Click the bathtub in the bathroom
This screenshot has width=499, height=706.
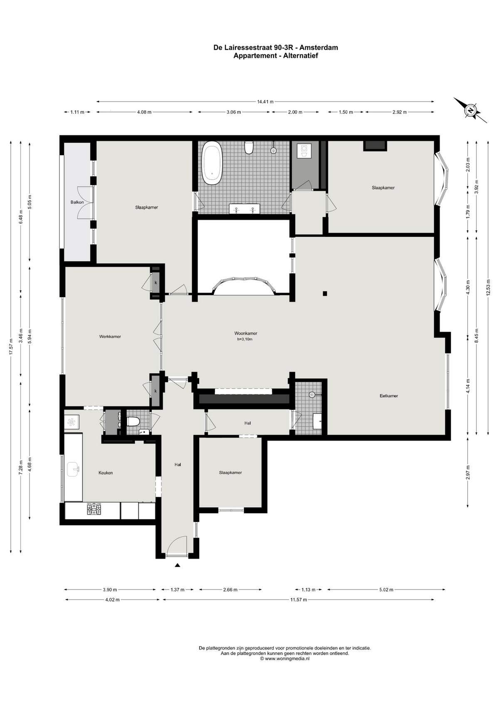(x=212, y=163)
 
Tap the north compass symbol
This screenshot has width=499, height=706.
(x=470, y=111)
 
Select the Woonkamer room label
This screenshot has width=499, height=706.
(x=246, y=333)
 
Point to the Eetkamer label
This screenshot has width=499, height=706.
(x=389, y=396)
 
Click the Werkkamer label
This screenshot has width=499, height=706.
(x=110, y=336)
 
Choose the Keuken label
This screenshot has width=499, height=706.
(x=106, y=473)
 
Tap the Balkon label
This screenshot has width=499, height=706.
(x=77, y=202)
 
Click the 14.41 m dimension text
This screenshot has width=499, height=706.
(x=265, y=102)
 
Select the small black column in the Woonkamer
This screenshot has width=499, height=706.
(x=325, y=294)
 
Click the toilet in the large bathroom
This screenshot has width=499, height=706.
(x=249, y=147)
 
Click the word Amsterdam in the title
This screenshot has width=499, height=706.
(x=319, y=48)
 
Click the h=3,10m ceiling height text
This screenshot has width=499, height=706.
(x=245, y=339)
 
